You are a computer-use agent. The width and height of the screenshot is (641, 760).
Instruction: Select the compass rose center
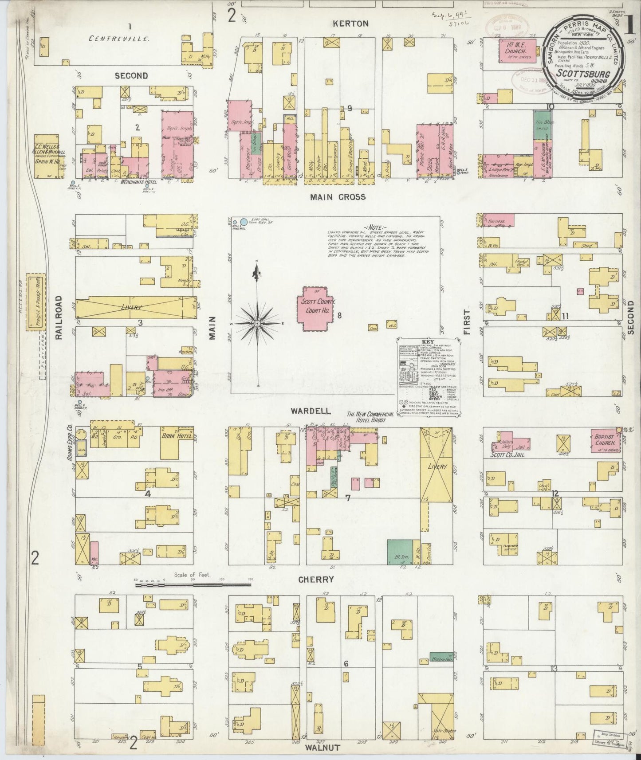pyautogui.click(x=257, y=324)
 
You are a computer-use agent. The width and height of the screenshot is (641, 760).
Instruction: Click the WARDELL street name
pyautogui.click(x=306, y=411)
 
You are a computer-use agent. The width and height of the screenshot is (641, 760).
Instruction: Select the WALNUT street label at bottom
pyautogui.click(x=322, y=748)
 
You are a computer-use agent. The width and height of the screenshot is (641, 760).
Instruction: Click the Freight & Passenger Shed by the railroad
pyautogui.click(x=34, y=302)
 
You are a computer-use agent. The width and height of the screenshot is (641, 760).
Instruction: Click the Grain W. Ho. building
pyautogui.click(x=50, y=156)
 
